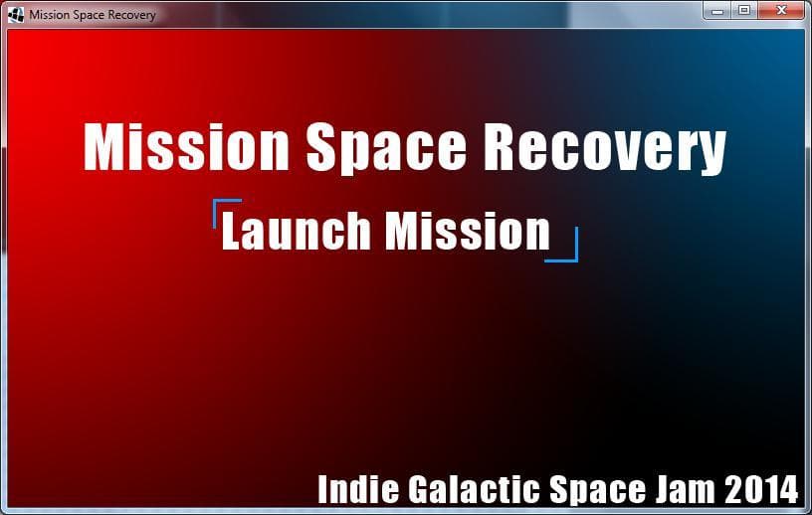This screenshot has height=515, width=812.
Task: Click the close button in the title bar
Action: coord(781,10)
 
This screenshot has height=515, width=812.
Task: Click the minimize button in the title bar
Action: coord(717,10)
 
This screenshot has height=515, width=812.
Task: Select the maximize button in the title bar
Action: coord(744,10)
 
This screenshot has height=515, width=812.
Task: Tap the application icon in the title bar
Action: coord(16,15)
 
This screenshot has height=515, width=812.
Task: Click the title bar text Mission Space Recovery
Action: coord(93,15)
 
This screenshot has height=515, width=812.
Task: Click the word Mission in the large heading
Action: coord(186,146)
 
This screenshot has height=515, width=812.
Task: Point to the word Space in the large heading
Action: coord(386,148)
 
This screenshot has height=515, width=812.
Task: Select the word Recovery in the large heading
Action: coord(604,148)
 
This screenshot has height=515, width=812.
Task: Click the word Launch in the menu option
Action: coord(296,231)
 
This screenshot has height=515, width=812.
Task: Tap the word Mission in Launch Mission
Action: coord(468,231)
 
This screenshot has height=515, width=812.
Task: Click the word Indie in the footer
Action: coord(358,489)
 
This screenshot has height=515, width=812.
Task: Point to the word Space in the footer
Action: coord(597,490)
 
